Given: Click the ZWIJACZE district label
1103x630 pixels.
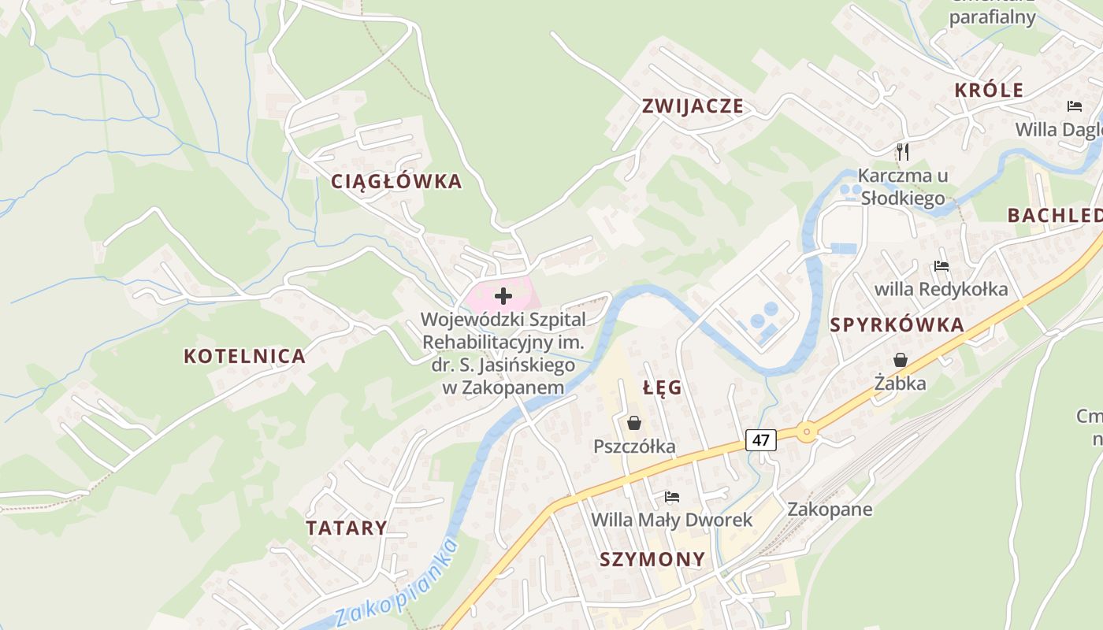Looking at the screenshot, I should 693,106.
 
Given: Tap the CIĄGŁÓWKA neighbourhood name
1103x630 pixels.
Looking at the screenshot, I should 396,182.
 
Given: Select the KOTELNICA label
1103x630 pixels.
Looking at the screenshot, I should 244,356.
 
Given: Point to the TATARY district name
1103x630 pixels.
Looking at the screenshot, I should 347,528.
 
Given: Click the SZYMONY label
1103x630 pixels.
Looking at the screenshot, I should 652,560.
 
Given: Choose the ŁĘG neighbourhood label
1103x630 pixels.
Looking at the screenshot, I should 663,387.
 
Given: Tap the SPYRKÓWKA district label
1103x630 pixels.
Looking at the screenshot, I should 897,325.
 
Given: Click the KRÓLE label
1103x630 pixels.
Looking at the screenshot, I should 989,91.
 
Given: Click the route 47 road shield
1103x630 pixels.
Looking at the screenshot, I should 760,439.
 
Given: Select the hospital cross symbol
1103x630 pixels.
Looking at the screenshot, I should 503,296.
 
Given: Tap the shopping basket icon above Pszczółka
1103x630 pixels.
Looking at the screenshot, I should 634,424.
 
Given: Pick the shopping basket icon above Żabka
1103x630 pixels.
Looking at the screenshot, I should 900,360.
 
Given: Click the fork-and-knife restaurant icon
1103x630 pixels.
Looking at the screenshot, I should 903,151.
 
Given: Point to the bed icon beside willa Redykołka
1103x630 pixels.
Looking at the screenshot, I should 941,266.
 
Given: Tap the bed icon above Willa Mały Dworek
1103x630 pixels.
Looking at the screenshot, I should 671,497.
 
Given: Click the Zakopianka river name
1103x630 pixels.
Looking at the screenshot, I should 396,584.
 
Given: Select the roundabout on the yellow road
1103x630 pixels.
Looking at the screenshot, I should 806,432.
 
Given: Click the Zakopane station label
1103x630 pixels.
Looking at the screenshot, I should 830,509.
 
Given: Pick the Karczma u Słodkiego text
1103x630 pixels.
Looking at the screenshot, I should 902,187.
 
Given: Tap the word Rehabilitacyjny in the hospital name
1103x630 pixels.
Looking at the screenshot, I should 503,343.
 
